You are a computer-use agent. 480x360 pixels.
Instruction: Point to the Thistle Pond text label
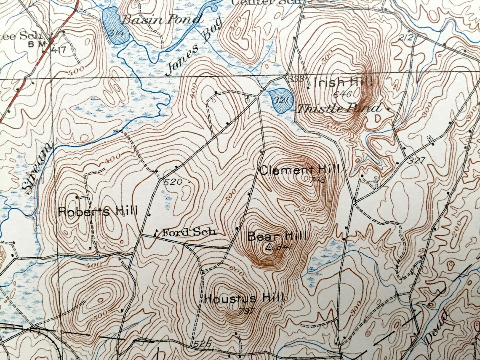click(x=339, y=109)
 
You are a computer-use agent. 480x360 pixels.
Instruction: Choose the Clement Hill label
click(x=299, y=170)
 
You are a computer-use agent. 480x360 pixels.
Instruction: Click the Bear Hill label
click(x=277, y=236)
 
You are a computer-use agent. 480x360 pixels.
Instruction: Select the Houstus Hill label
click(x=244, y=299)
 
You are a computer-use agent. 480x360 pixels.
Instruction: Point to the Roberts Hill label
click(x=98, y=211)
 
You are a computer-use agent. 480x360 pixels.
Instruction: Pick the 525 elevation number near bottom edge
click(x=203, y=344)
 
